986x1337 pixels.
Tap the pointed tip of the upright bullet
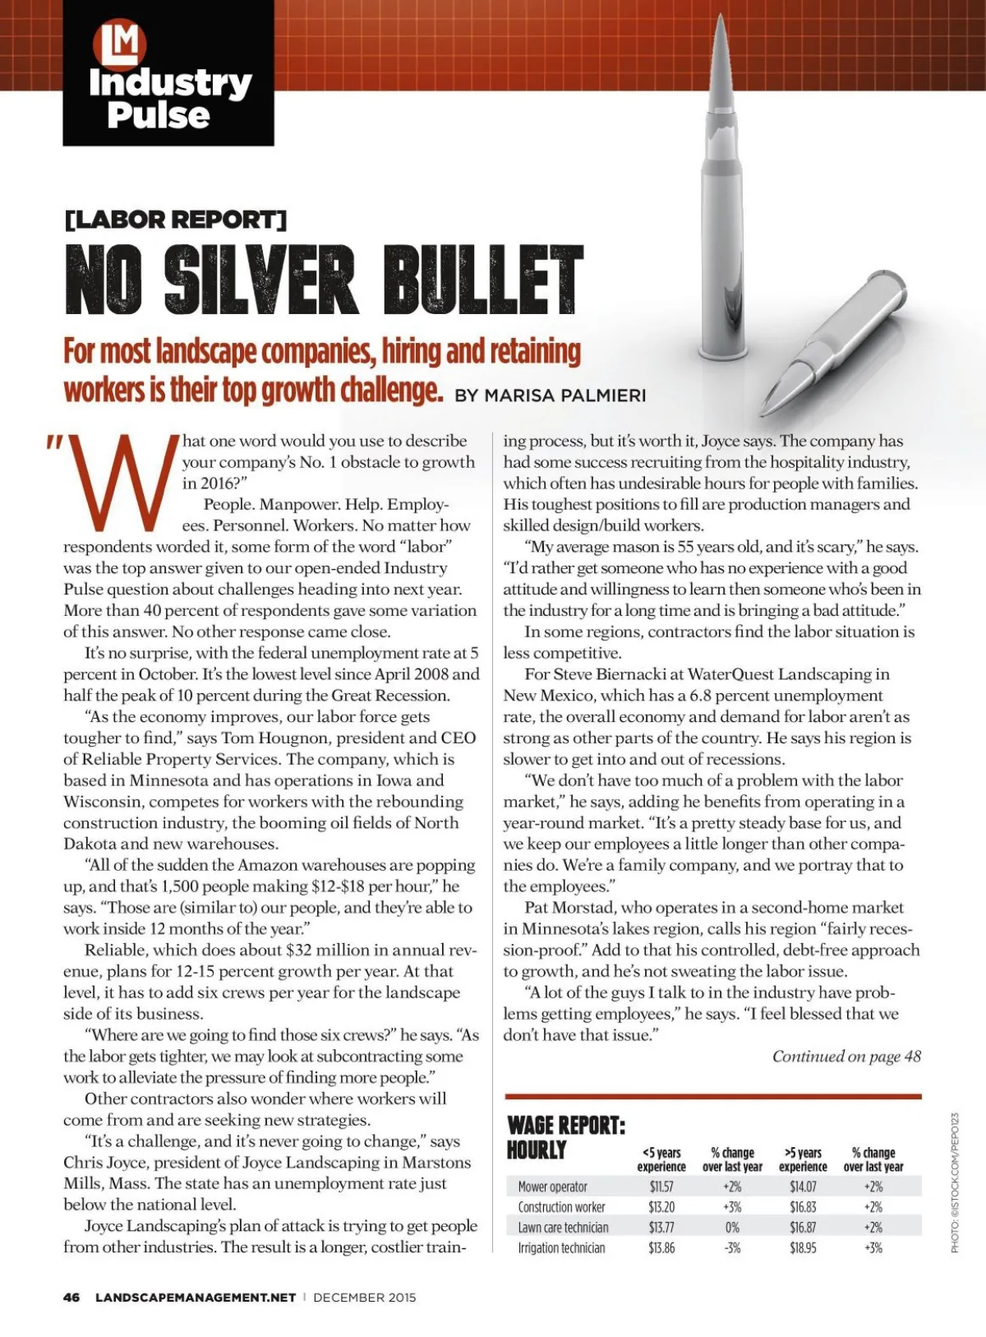721,18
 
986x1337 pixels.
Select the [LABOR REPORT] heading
175,220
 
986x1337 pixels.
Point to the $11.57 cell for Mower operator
661,1187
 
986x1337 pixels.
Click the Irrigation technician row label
561,1247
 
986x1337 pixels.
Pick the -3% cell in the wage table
732,1247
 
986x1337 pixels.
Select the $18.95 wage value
803,1247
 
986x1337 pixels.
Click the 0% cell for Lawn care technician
732,1227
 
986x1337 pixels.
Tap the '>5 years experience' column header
803,1159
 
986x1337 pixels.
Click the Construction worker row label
561,1207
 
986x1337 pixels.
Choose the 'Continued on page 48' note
846,1056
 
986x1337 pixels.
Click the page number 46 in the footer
71,1298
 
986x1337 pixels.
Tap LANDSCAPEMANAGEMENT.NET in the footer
196,1298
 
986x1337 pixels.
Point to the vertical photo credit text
955,1182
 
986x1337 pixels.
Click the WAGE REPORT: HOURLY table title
565,1137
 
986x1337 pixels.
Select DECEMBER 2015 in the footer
364,1298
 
